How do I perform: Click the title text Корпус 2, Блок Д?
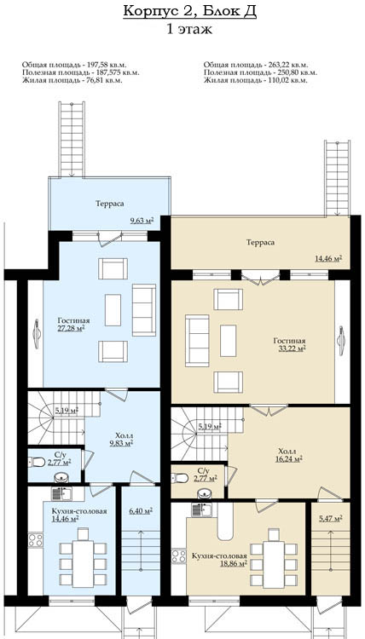click(189, 11)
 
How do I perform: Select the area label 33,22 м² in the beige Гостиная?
click(290, 348)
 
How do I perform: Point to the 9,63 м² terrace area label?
click(142, 221)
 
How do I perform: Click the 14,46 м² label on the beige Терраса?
click(328, 258)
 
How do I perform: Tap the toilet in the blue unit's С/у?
click(37, 462)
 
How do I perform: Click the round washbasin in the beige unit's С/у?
click(205, 493)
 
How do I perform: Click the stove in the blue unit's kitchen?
click(36, 540)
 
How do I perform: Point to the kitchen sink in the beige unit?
click(201, 509)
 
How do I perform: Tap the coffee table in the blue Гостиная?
click(113, 310)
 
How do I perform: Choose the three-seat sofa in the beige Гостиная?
click(197, 341)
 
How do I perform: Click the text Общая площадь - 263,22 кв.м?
click(256, 65)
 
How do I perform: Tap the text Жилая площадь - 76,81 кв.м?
click(72, 80)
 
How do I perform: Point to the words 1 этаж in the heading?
click(189, 29)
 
